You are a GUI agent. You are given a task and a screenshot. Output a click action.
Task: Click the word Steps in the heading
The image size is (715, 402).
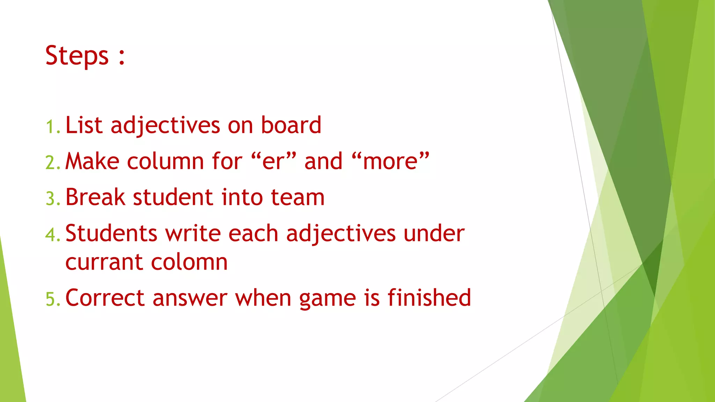(77, 56)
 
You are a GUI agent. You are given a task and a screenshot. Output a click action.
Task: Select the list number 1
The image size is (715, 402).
(52, 127)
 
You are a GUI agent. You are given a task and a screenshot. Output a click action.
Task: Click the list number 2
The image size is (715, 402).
(52, 163)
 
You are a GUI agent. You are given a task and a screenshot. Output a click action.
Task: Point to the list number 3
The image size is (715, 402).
(52, 199)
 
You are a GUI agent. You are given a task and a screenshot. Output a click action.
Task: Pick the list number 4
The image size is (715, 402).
(52, 234)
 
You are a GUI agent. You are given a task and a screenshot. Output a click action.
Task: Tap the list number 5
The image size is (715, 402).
(52, 299)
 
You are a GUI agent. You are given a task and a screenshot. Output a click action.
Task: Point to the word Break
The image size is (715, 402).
(95, 197)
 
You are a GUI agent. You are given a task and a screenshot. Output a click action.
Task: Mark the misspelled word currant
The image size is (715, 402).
(104, 262)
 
